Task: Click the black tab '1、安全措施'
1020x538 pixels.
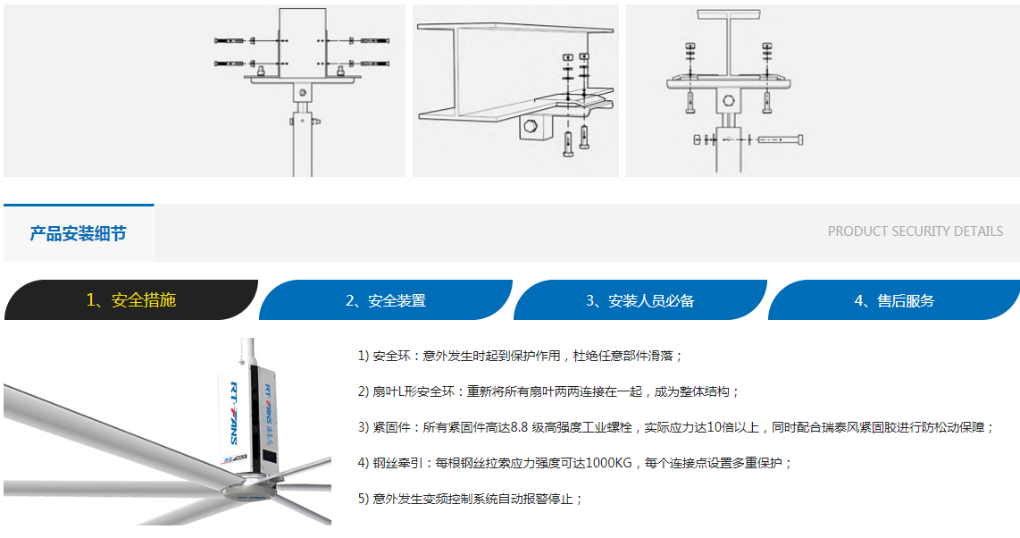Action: (130, 300)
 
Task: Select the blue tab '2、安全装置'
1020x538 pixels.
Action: (386, 300)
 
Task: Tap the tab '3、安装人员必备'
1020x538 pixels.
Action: (640, 300)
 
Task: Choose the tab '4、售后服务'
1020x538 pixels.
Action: (894, 300)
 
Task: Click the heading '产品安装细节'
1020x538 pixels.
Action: (78, 233)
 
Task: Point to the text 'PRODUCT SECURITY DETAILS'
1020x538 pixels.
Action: (915, 231)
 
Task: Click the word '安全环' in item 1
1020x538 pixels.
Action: (391, 356)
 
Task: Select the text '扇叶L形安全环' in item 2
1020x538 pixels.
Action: (413, 391)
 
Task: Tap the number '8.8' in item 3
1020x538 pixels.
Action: (519, 427)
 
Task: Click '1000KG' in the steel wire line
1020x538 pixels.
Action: (609, 463)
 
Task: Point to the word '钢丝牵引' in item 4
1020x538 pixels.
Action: (397, 463)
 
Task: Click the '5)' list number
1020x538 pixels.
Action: (364, 499)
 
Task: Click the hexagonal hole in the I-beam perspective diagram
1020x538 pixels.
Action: (531, 126)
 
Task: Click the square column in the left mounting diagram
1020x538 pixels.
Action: (303, 42)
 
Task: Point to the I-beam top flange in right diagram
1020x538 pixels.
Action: (728, 14)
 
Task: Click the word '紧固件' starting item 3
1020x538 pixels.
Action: (391, 427)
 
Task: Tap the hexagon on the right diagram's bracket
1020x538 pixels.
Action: (729, 101)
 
